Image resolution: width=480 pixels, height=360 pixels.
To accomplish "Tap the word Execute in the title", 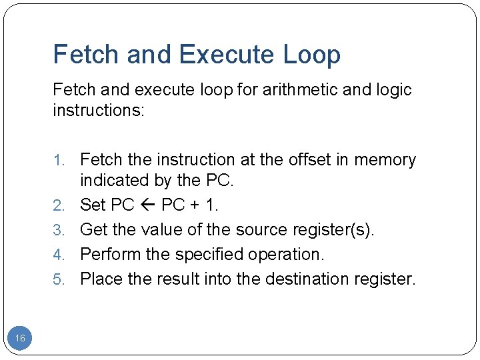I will click(x=228, y=55).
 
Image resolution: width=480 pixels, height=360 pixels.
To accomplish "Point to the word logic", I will click(x=390, y=89).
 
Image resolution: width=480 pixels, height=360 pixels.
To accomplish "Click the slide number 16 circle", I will click(x=20, y=339).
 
